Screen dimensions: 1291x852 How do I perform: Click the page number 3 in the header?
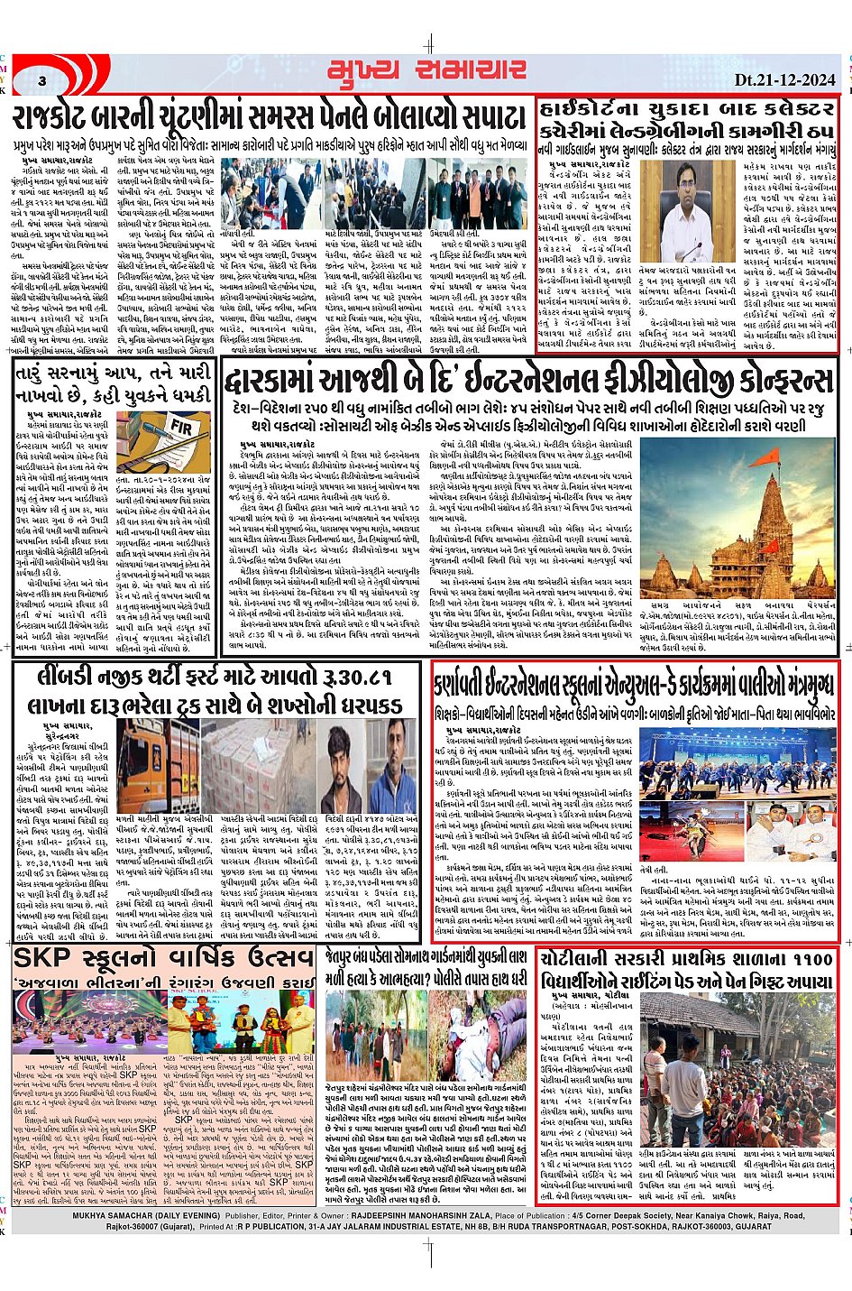click(x=42, y=82)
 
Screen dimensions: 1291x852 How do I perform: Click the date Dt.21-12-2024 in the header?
click(x=784, y=79)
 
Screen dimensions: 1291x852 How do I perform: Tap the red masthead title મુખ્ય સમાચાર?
click(x=426, y=71)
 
